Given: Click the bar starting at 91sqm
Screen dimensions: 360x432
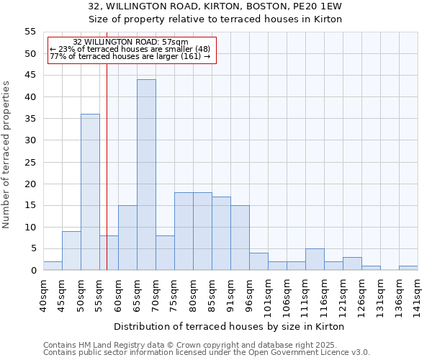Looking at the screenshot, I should point(240,238).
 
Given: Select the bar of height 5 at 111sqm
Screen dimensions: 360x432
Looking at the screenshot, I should point(315,259).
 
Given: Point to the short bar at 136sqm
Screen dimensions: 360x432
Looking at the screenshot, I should point(408,268).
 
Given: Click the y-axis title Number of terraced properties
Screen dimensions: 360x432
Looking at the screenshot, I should point(6,155).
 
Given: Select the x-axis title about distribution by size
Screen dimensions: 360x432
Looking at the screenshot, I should point(229,326).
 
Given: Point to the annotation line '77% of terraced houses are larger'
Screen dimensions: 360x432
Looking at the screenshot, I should point(130,56).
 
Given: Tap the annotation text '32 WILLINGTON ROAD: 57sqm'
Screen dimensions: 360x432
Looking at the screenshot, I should point(130,42).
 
